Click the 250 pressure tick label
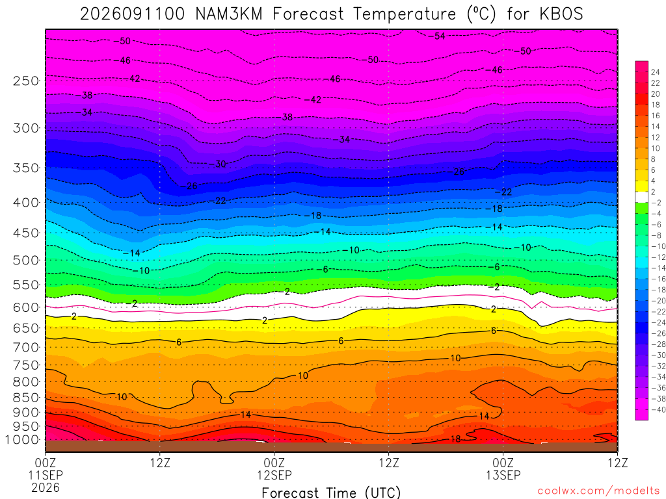coord(25,81)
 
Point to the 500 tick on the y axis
coord(25,260)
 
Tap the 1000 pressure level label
coord(23,440)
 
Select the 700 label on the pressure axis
coord(25,348)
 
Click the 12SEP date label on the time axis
coord(274,475)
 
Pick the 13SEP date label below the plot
coord(503,475)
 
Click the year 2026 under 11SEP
coord(46,487)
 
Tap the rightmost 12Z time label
coord(618,463)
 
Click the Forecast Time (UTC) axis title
coord(331,493)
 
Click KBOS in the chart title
coord(561,14)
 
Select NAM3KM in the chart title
coord(228,14)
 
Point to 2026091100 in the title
coord(133,14)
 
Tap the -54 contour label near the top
coord(436,36)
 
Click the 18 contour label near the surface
coord(455,439)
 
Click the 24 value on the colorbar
coord(656,72)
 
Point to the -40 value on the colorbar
coord(658,409)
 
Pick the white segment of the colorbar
coord(641,197)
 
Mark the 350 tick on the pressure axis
coord(25,168)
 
